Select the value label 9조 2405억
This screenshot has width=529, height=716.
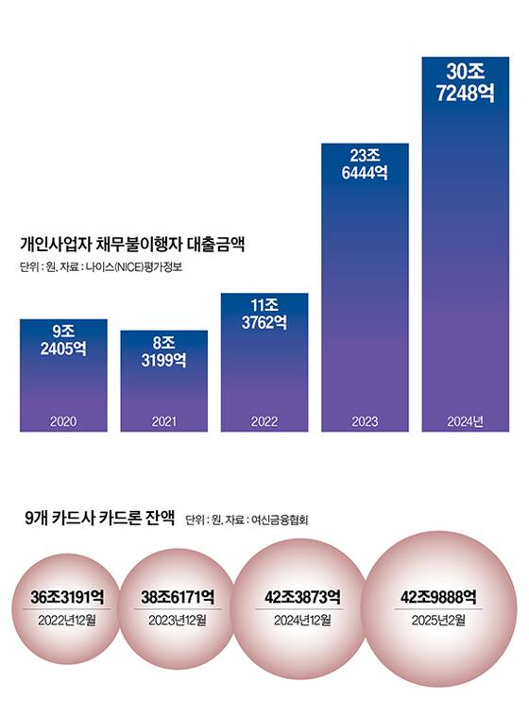pos(63,340)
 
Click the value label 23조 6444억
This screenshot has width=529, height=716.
pos(365,164)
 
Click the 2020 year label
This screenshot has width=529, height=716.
pos(63,421)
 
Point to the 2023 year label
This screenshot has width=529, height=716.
pos(365,421)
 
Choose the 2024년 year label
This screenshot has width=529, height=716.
pos(465,421)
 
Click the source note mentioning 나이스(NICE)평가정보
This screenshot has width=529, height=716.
pos(105,266)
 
